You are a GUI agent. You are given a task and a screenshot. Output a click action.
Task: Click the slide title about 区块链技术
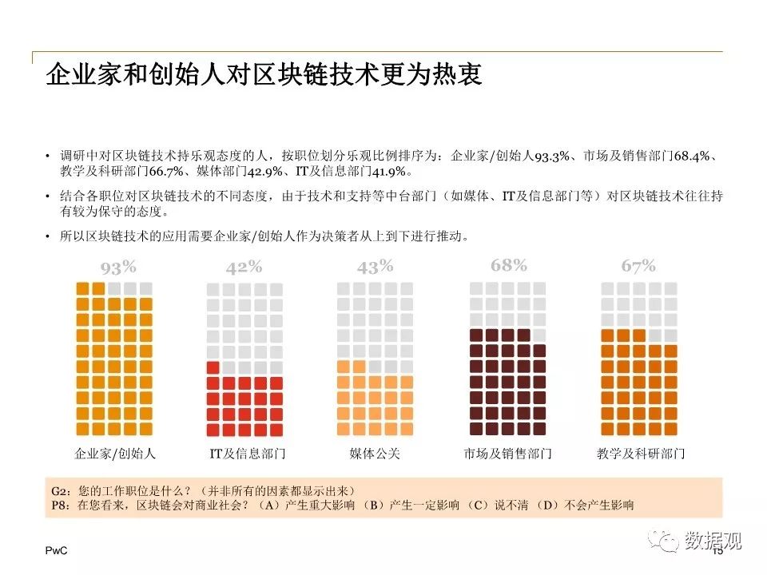coord(264,75)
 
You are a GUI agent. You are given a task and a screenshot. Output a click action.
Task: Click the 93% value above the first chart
coord(118,268)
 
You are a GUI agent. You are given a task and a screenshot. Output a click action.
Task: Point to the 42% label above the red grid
coord(244,267)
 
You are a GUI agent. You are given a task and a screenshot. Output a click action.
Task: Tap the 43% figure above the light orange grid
coord(376,267)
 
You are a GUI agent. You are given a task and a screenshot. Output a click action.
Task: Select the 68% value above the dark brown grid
coord(509,265)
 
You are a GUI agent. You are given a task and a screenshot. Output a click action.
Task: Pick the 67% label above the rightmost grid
coord(638,265)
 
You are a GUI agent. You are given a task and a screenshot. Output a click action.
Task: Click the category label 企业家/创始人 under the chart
coord(115,454)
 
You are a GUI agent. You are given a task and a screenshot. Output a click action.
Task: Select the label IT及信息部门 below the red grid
coord(248,454)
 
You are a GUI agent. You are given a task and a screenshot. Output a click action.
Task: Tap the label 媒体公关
coord(375,454)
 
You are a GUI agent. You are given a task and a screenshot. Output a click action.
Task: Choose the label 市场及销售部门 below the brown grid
coord(508,454)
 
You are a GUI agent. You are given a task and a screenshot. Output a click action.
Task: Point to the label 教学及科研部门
coord(641,454)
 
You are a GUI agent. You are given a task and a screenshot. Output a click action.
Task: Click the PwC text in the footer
coord(56,550)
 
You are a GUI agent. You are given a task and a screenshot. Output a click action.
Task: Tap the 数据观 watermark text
coord(713,541)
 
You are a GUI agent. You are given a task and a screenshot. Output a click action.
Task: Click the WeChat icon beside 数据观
coord(663,540)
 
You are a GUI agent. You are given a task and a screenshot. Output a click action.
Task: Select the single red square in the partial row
coord(213,367)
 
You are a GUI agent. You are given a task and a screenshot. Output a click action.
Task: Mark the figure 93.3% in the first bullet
coord(552,156)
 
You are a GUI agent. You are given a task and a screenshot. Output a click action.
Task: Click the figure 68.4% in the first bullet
coord(692,156)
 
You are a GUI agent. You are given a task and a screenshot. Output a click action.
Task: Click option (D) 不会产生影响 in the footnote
coord(585,505)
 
